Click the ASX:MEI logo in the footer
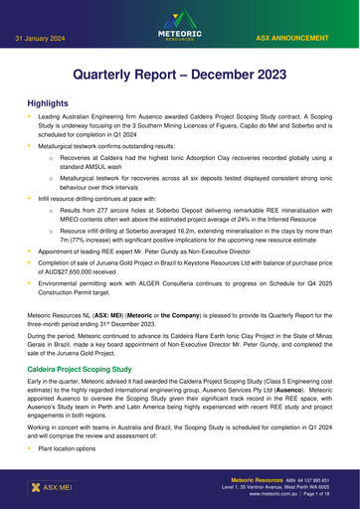(45, 488)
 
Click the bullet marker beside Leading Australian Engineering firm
(29, 117)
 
